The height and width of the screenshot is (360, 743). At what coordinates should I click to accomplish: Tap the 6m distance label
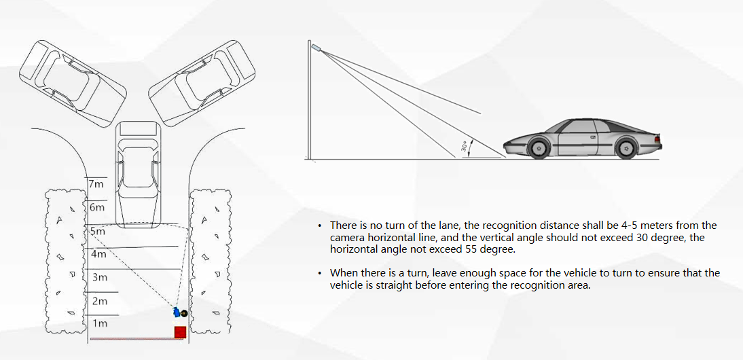(97, 207)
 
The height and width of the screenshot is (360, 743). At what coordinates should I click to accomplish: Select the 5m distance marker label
(97, 232)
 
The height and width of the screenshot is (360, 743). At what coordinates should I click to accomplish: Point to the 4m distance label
(98, 254)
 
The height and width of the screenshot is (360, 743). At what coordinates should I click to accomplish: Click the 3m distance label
(100, 277)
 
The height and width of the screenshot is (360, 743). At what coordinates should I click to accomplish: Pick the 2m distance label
(100, 301)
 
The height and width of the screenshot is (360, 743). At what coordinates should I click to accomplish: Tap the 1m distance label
(100, 323)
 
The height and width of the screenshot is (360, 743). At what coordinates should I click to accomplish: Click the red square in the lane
(179, 332)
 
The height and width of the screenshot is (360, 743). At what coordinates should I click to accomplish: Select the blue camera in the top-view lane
(177, 312)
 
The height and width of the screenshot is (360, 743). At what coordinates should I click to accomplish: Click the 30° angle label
(465, 146)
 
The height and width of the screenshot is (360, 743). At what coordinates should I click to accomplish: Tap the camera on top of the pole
(316, 47)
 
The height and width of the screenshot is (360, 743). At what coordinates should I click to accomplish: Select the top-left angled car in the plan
(73, 84)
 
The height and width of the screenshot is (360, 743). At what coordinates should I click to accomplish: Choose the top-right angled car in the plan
(202, 84)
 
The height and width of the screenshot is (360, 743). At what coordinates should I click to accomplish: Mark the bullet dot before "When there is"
(321, 273)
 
